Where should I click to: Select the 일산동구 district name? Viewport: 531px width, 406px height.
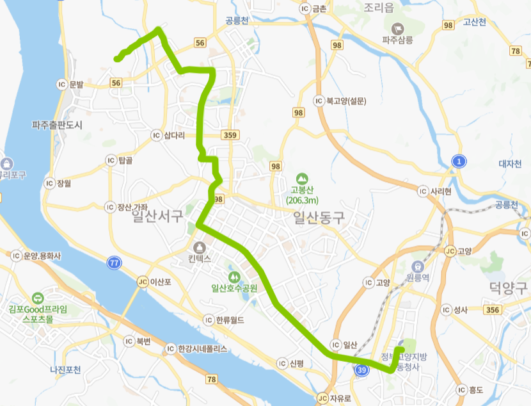pyautogui.click(x=318, y=218)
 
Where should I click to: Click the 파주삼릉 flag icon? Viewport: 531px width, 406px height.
pyautogui.click(x=398, y=28)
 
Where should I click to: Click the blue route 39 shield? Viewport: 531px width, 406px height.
pyautogui.click(x=363, y=370)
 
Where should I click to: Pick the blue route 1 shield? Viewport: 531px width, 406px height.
pyautogui.click(x=458, y=161)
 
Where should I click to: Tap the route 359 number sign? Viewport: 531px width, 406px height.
pyautogui.click(x=231, y=135)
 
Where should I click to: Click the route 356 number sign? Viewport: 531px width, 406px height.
pyautogui.click(x=493, y=310)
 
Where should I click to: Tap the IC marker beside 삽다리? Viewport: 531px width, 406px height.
pyautogui.click(x=155, y=135)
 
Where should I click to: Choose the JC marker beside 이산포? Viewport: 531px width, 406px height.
pyautogui.click(x=143, y=281)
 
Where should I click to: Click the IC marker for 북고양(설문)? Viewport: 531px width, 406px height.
pyautogui.click(x=318, y=101)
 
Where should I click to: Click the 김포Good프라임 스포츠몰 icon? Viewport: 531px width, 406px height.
pyautogui.click(x=38, y=297)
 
